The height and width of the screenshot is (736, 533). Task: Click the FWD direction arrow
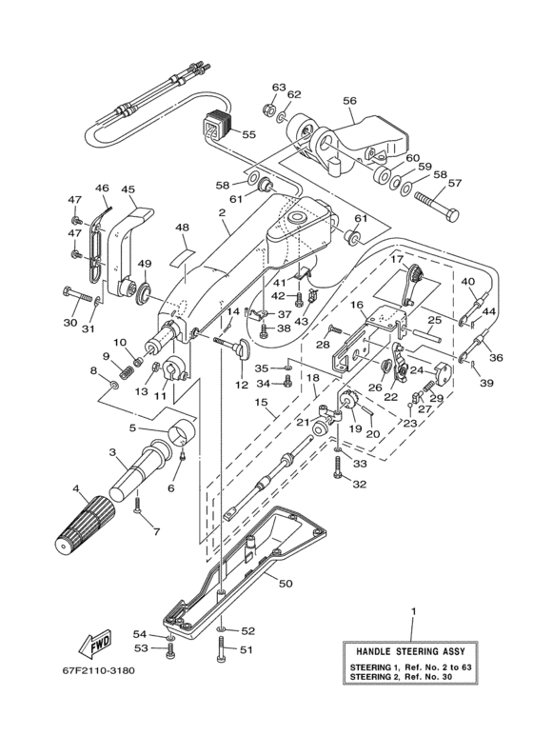(95, 642)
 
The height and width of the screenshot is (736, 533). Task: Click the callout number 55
(249, 134)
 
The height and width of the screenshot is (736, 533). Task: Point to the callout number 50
(286, 584)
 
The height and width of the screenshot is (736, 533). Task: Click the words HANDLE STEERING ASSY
(410, 651)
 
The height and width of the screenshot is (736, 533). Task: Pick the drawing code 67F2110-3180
(99, 670)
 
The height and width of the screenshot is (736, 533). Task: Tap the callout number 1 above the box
(413, 611)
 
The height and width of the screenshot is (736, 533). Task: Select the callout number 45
(128, 189)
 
